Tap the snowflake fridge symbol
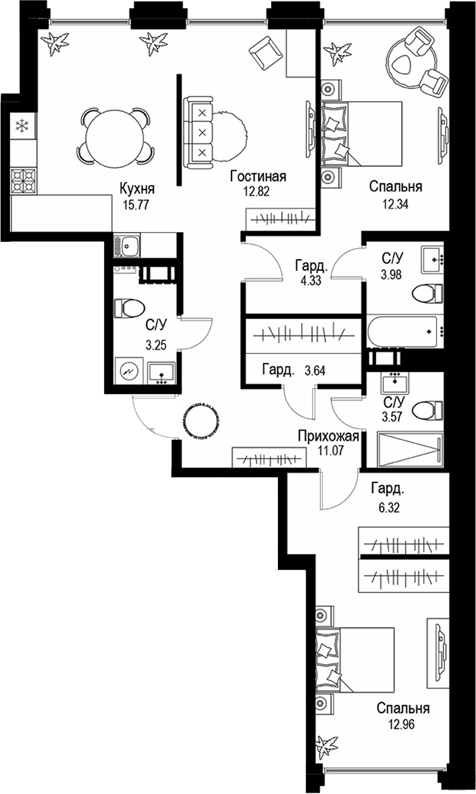(x=23, y=126)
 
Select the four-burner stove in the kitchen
(x=24, y=181)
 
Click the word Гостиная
(x=257, y=176)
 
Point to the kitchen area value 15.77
(x=136, y=205)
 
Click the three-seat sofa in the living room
(x=198, y=132)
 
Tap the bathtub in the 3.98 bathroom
(x=402, y=332)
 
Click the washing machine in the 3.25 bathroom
(x=129, y=371)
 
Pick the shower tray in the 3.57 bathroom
(x=410, y=449)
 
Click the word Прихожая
(x=329, y=436)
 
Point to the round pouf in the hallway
(x=201, y=421)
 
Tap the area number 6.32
(x=389, y=507)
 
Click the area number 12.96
(x=401, y=724)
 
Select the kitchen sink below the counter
(x=126, y=245)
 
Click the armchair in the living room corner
(x=266, y=54)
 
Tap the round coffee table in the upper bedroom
(x=411, y=63)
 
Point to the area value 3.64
(x=315, y=371)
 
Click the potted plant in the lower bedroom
(x=326, y=746)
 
